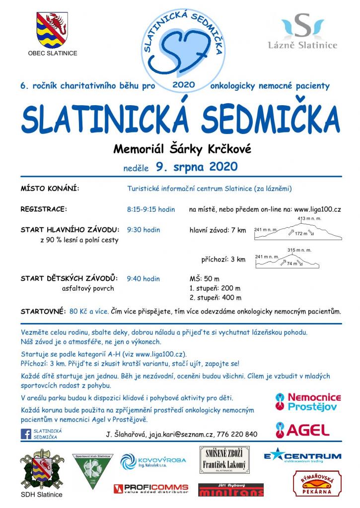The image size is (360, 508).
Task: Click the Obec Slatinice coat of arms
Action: pos(52,30)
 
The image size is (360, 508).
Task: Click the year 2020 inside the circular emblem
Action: pos(183,85)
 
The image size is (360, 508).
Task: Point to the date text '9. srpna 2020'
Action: pos(196,166)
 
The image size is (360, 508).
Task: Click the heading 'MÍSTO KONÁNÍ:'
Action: pos(50,189)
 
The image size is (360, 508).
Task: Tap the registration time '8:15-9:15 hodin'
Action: pos(151,209)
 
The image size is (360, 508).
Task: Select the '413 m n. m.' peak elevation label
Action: pos(307,219)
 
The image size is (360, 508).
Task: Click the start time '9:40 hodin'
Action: pos(144,279)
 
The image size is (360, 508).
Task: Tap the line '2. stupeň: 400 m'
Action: pos(215,298)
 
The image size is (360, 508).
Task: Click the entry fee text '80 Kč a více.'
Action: pos(89,312)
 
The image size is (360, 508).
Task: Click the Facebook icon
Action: pos(26,434)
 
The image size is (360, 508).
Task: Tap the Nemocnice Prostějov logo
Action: pos(308,402)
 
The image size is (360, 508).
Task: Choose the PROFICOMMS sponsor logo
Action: pos(151,489)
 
